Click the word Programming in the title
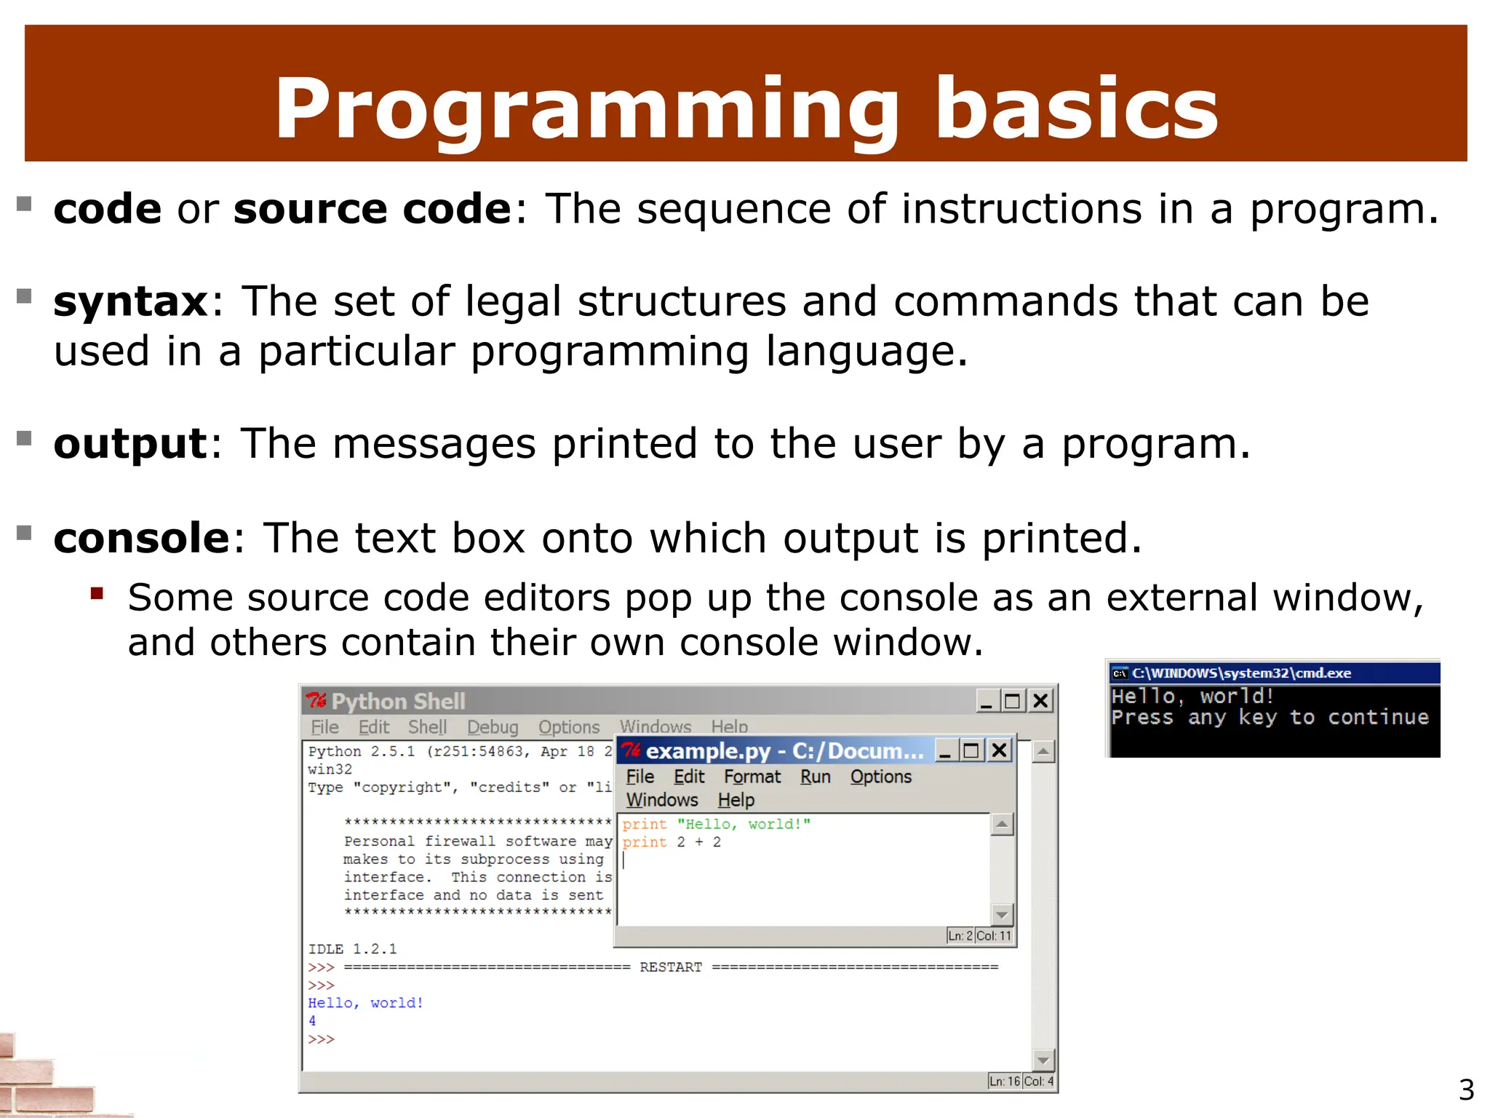(586, 109)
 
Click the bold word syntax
(131, 301)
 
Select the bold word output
(131, 443)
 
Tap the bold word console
(142, 538)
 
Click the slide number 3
(1466, 1090)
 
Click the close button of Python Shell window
(1040, 701)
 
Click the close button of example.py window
(1000, 750)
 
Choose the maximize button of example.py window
(971, 750)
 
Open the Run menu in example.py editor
(815, 777)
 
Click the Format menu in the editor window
(752, 777)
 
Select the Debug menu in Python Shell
(493, 727)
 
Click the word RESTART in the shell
(670, 967)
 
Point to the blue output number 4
(312, 1021)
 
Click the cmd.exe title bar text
(1241, 673)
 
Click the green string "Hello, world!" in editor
(743, 824)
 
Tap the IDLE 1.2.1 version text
(352, 949)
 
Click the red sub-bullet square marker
(97, 593)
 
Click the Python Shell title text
(398, 701)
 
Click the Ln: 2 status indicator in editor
(960, 936)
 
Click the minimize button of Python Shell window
(986, 701)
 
